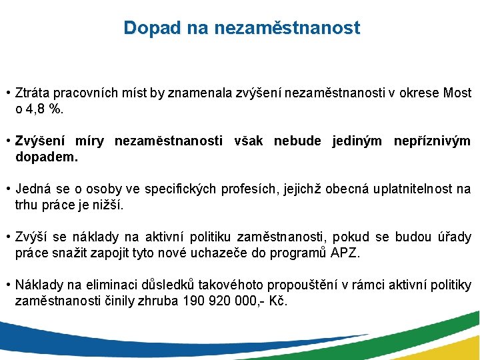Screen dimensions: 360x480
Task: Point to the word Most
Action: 457,93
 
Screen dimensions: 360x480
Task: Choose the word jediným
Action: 357,141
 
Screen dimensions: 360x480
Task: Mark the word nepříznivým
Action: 432,141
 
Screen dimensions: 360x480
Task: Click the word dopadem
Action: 46,157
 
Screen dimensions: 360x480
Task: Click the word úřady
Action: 454,237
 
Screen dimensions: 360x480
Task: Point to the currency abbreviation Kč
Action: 277,301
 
